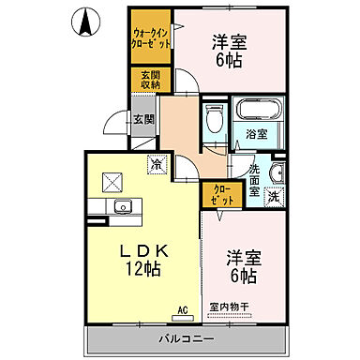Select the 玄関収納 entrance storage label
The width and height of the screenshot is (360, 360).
pyautogui.click(x=150, y=81)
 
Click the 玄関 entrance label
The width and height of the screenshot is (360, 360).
pyautogui.click(x=144, y=119)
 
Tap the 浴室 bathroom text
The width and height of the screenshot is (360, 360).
pyautogui.click(x=256, y=134)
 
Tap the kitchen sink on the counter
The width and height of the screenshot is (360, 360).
pyautogui.click(x=120, y=207)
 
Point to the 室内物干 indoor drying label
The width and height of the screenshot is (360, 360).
pyautogui.click(x=229, y=306)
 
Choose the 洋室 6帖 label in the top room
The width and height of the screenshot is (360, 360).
pyautogui.click(x=230, y=51)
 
